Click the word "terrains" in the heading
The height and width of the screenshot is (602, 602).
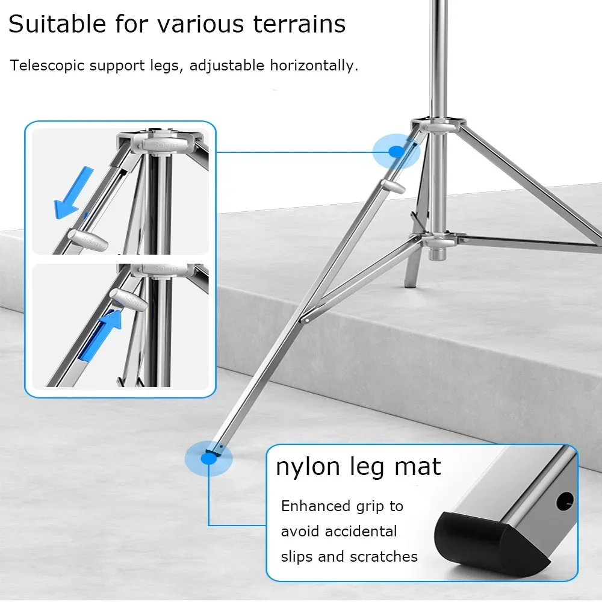click(x=299, y=24)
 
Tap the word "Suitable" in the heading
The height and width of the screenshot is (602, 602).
click(x=57, y=24)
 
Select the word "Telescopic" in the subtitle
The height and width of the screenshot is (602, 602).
click(x=47, y=66)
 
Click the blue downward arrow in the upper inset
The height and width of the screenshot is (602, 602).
click(x=73, y=193)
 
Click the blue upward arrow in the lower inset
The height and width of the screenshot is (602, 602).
click(x=101, y=335)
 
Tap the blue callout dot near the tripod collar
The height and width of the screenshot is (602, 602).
click(x=396, y=152)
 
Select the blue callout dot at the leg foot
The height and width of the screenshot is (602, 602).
click(x=208, y=458)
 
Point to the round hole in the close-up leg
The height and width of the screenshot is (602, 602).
click(x=565, y=501)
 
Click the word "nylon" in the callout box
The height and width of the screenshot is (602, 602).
click(x=308, y=467)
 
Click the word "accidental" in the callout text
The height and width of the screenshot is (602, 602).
click(x=361, y=532)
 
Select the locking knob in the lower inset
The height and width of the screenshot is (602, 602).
click(x=128, y=299)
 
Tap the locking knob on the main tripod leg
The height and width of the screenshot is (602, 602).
click(x=393, y=186)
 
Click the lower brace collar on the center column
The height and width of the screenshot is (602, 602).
click(x=438, y=241)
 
